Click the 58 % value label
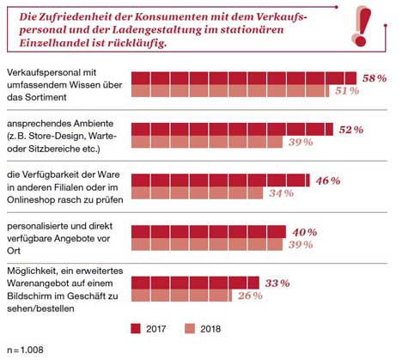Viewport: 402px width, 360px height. pos(375,78)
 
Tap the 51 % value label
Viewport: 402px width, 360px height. pos(347,91)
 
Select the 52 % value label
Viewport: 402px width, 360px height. pos(351,130)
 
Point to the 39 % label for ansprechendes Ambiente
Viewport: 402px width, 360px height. pos(301,142)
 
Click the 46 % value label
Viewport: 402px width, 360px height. pos(328,180)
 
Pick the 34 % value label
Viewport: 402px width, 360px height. pos(281,193)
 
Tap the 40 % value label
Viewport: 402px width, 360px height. pos(305,232)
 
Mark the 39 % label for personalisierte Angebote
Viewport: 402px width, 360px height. pos(301,245)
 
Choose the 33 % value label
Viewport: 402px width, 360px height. pos(277,284)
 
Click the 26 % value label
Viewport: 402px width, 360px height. pos(250,296)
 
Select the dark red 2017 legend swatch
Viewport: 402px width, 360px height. pos(136,328)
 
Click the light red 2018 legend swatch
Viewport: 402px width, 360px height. pos(190,328)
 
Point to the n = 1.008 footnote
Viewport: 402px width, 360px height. pos(26,350)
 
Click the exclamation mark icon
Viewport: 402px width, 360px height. pos(362,27)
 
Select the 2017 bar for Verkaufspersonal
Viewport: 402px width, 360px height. pos(244,78)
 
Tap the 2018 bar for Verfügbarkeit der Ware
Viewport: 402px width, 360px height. pos(198,193)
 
